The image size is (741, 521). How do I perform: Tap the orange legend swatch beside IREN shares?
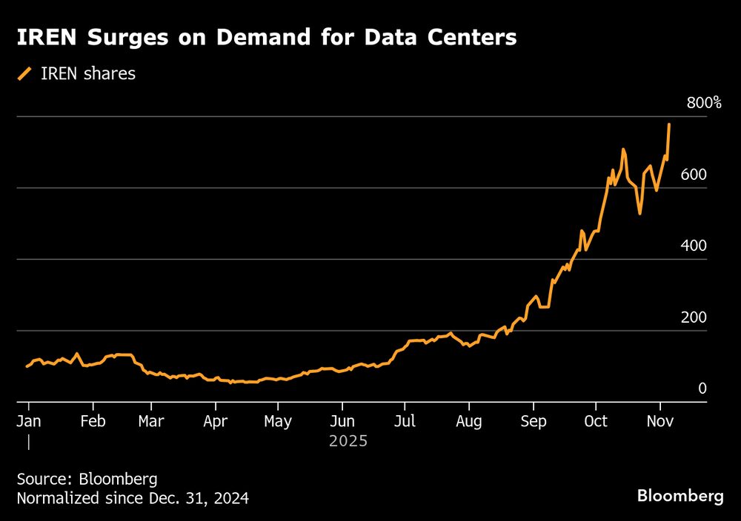pyautogui.click(x=26, y=73)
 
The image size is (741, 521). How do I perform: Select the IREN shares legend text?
pyautogui.click(x=88, y=73)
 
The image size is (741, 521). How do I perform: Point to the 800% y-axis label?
pyautogui.click(x=703, y=103)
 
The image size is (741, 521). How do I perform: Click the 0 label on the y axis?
pyautogui.click(x=702, y=389)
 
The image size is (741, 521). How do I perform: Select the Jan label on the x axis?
pyautogui.click(x=29, y=421)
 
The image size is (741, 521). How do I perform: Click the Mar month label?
pyautogui.click(x=151, y=421)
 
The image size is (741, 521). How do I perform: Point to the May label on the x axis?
pyautogui.click(x=278, y=421)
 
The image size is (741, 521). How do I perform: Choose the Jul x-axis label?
pyautogui.click(x=405, y=421)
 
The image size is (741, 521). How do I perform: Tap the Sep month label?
pyautogui.click(x=533, y=421)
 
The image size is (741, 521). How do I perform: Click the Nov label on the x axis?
pyautogui.click(x=659, y=421)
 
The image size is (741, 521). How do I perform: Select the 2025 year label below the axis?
pyautogui.click(x=348, y=441)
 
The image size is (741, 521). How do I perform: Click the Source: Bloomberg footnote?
pyautogui.click(x=87, y=478)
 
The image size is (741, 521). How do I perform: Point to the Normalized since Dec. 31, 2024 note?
pyautogui.click(x=133, y=499)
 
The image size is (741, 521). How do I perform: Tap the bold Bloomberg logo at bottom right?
pyautogui.click(x=680, y=497)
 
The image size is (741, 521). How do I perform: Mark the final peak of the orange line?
pyautogui.click(x=669, y=125)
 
